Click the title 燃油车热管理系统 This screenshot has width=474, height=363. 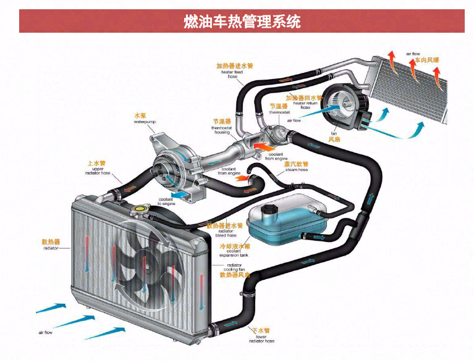point(242,22)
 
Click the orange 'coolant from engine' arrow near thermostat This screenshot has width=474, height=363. point(263,148)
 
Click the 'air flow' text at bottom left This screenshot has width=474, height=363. point(44,333)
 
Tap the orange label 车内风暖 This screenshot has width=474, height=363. point(426,60)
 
